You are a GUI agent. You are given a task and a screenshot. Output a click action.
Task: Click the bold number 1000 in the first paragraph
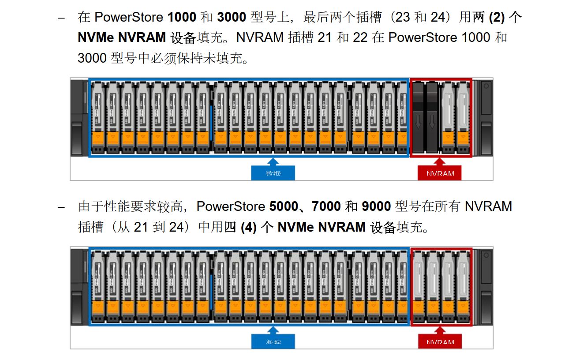coord(182,17)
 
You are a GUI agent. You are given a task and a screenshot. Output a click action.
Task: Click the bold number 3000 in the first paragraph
coord(232,17)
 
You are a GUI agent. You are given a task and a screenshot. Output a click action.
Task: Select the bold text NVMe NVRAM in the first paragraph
coord(122,37)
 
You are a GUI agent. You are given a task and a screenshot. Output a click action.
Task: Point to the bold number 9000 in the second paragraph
coord(376,206)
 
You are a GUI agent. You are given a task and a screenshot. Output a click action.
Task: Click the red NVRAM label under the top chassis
coord(440,173)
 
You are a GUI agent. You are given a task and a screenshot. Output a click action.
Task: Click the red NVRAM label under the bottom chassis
coord(440,342)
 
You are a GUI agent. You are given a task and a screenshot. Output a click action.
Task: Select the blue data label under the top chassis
coord(273,173)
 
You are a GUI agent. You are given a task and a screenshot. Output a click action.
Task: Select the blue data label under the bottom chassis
coord(273,342)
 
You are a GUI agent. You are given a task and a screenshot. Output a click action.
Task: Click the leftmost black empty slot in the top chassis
coord(417,117)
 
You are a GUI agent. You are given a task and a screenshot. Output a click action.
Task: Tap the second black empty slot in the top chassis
coord(432,117)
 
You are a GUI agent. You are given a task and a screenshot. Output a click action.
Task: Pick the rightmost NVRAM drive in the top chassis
coord(462,117)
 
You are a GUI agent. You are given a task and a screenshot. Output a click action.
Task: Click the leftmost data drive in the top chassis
coord(97,117)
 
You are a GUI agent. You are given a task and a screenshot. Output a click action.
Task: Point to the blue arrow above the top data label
coord(273,161)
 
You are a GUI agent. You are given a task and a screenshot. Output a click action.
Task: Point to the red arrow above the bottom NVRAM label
coord(440,330)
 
